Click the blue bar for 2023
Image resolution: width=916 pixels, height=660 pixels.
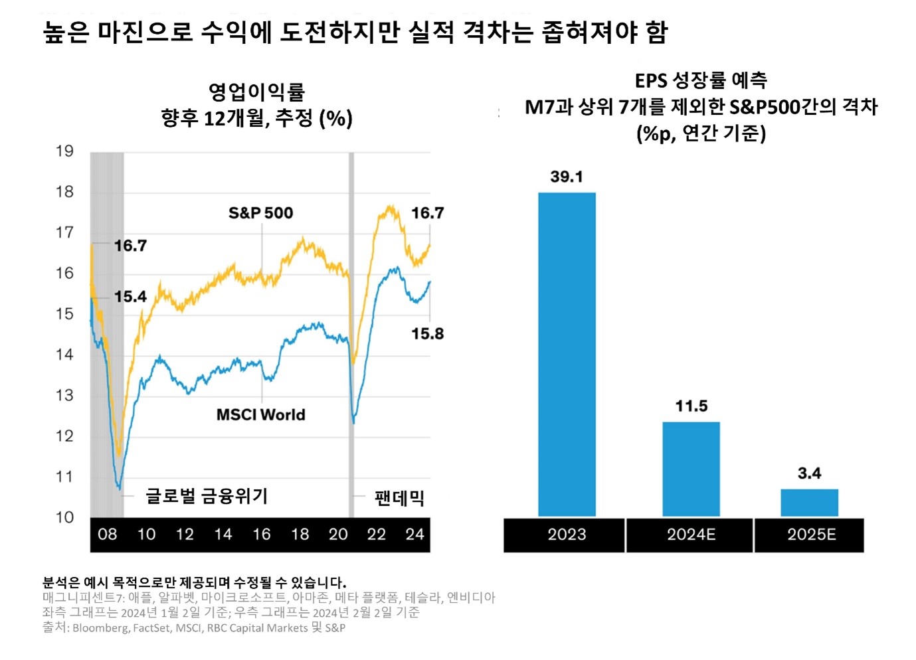567,354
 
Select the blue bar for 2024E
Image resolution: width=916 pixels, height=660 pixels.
691,469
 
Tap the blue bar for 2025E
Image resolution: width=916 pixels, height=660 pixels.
809,503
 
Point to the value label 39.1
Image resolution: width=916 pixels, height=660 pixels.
567,177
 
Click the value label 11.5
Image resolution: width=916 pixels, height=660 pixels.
691,406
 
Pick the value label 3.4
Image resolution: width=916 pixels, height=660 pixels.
809,473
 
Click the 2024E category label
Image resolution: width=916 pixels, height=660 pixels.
691,535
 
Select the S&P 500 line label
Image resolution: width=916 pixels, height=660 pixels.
260,213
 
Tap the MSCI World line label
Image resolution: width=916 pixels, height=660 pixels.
260,415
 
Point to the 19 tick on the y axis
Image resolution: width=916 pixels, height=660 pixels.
64,151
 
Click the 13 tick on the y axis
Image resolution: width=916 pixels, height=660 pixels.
64,396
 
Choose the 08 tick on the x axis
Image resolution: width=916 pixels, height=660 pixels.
107,535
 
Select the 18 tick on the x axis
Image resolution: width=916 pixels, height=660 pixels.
300,535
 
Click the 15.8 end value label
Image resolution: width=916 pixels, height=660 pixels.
427,334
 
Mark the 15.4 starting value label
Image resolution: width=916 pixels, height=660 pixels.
130,297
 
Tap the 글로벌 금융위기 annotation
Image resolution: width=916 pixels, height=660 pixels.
207,496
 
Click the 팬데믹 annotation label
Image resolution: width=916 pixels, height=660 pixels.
399,498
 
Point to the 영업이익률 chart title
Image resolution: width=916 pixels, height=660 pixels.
256,92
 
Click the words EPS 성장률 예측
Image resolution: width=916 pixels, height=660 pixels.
701,81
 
